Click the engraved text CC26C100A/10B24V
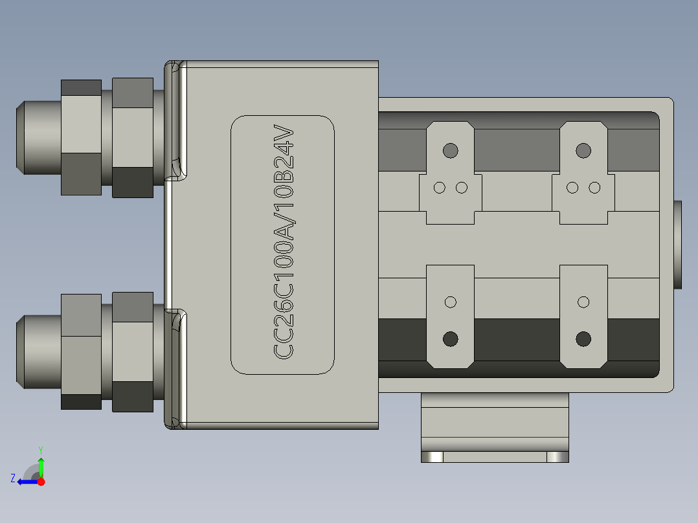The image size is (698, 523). coord(284,243)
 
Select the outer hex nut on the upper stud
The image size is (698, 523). coord(81,137)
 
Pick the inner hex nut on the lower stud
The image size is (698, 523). coord(133,352)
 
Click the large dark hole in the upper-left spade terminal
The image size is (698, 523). coord(450,151)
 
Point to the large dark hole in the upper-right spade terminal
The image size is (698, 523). coord(583,151)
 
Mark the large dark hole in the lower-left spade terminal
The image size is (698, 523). coord(450,339)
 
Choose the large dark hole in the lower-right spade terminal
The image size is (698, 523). coord(583,339)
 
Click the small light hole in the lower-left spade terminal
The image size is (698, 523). coord(451,302)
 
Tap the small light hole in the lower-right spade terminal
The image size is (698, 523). coord(583,302)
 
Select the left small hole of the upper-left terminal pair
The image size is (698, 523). coord(440,188)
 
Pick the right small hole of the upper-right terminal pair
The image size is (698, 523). coord(594,188)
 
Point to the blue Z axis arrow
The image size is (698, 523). coord(26,481)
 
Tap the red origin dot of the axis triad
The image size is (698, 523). coord(41,481)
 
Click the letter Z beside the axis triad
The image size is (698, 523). coord(13,478)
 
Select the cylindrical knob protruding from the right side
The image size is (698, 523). coord(678,245)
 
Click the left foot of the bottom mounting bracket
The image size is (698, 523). coord(432,457)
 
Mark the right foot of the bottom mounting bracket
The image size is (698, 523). coord(557,457)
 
